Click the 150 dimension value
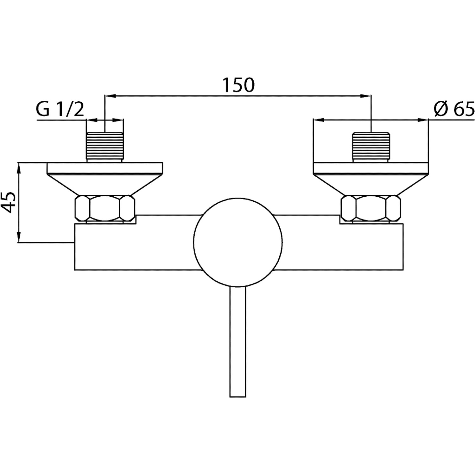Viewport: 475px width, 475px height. coord(238,85)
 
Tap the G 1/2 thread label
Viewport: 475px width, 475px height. coord(60,109)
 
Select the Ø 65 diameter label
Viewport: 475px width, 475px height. coord(454,110)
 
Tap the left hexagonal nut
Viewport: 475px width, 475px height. coord(105,209)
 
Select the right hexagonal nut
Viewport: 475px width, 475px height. coord(370,209)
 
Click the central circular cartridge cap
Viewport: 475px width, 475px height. coord(238,243)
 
